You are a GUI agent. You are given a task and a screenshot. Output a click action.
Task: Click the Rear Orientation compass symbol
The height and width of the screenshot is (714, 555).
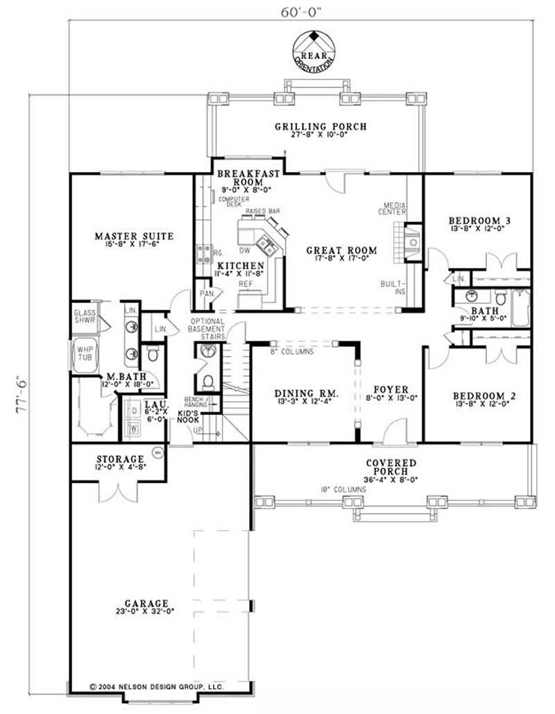(x=315, y=49)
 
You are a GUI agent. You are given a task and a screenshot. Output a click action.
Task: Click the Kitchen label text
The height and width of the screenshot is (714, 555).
(x=240, y=266)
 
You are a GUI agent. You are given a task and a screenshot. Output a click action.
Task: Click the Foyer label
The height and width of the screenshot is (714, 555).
(x=391, y=390)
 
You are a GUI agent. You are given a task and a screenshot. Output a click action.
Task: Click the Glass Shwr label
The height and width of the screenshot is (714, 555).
(x=85, y=316)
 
